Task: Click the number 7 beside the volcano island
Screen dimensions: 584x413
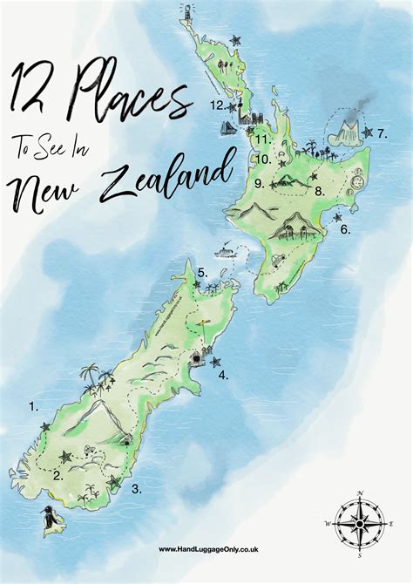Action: point(382,134)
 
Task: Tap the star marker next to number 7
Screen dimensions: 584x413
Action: point(367,132)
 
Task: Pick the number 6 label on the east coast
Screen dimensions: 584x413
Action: point(345,230)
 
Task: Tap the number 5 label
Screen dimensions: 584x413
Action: point(202,272)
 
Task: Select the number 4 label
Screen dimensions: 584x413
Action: point(224,376)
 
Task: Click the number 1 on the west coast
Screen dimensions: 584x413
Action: point(33,405)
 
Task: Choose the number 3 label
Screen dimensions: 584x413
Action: point(137,489)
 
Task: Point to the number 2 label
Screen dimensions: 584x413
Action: point(58,475)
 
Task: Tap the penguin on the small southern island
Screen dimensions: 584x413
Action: point(51,522)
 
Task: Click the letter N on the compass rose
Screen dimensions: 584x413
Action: point(360,495)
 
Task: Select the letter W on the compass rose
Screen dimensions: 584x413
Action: point(328,524)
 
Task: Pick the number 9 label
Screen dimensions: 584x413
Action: point(260,183)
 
